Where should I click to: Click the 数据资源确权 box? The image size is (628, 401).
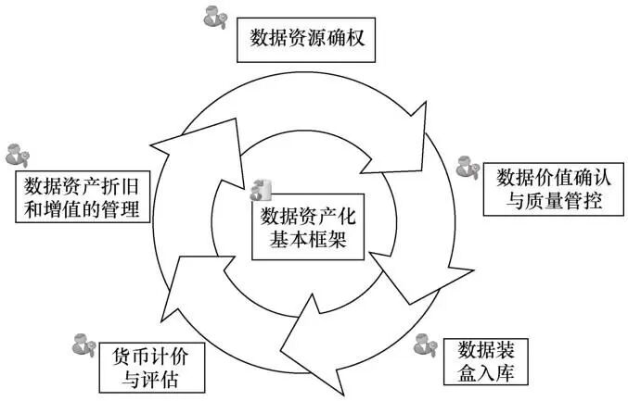308,37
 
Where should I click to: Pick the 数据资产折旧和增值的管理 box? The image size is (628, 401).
83,197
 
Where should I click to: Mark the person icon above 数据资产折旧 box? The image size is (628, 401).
18,154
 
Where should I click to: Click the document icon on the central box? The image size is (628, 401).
262,188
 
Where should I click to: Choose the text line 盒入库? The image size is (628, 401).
493,372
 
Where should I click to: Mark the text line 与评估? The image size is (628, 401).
152,381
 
